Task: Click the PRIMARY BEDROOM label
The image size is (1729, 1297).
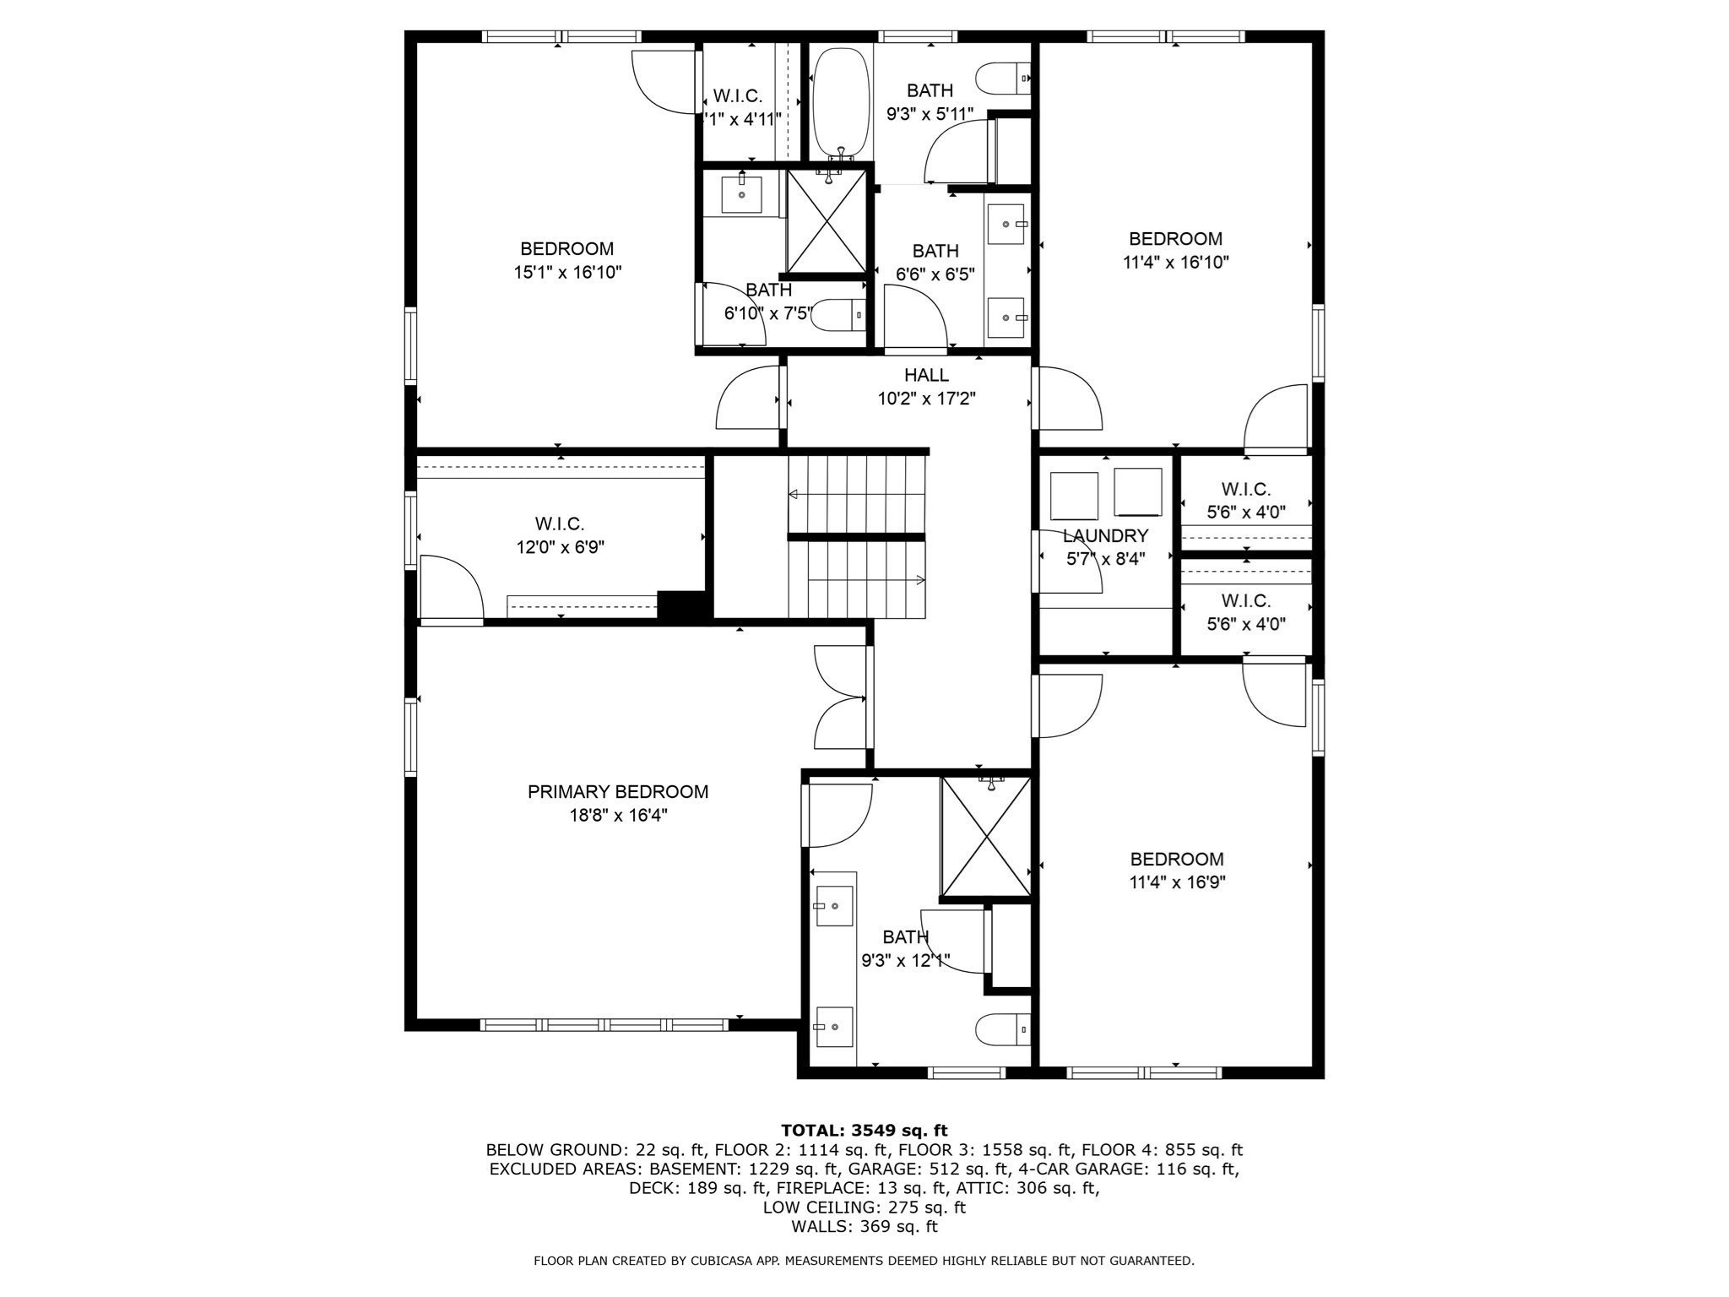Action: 617,792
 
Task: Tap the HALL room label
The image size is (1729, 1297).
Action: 926,375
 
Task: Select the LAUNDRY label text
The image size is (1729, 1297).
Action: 1105,535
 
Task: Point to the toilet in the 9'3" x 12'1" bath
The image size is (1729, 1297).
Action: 1002,1029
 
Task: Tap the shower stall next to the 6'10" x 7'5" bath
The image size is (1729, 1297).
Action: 827,221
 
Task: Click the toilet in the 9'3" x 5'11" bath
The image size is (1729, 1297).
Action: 1002,79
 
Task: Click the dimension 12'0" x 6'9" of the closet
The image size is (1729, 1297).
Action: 560,547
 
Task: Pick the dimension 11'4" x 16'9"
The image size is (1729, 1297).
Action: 1177,882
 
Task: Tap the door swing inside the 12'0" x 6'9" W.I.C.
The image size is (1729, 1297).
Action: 451,589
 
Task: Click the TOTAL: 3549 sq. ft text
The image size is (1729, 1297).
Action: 864,1131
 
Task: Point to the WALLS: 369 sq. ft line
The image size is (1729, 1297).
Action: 864,1227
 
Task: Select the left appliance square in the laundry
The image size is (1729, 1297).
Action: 1074,496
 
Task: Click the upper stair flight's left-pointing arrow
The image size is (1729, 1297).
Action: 794,495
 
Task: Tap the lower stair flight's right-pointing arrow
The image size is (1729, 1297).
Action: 919,580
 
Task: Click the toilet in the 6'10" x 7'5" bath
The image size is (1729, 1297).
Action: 839,315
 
